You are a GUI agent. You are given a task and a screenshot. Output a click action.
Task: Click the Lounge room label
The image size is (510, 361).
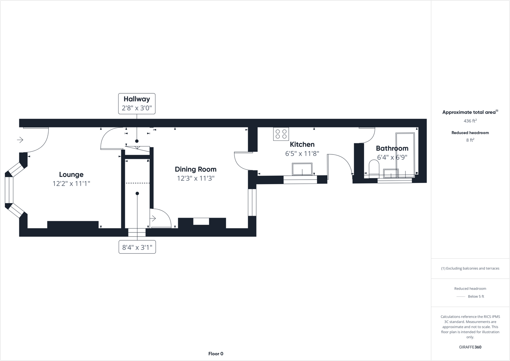tap(71, 175)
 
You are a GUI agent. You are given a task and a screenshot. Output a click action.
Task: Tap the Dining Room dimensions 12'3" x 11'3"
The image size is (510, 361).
tap(196, 178)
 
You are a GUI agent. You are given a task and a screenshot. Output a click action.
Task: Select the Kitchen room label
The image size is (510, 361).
tap(302, 145)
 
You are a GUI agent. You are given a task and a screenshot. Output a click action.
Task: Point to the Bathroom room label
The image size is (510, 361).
tap(392, 148)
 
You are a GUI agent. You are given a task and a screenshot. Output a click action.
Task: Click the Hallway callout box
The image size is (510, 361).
tap(137, 103)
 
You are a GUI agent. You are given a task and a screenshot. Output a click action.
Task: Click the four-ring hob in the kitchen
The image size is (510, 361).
tap(281, 134)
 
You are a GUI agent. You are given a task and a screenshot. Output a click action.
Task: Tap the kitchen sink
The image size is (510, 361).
tap(302, 169)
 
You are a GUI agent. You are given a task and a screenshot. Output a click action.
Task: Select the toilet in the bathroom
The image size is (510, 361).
tap(374, 169)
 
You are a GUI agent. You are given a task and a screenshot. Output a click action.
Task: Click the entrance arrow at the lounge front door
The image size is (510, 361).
tap(20, 140)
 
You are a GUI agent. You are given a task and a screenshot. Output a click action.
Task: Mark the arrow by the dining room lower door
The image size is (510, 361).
tap(153, 218)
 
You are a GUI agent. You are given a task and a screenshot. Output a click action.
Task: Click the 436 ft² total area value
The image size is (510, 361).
tap(470, 121)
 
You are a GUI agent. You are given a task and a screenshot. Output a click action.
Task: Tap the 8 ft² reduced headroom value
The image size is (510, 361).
tap(470, 140)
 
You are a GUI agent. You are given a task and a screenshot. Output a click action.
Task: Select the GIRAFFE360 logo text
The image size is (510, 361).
tap(470, 347)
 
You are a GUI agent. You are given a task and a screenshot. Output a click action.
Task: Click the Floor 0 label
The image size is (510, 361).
tap(216, 354)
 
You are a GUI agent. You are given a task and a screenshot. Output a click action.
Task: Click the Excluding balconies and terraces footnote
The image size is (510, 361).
tap(470, 268)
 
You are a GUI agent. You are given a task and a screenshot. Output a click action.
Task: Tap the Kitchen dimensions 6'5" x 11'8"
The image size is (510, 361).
tap(302, 154)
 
